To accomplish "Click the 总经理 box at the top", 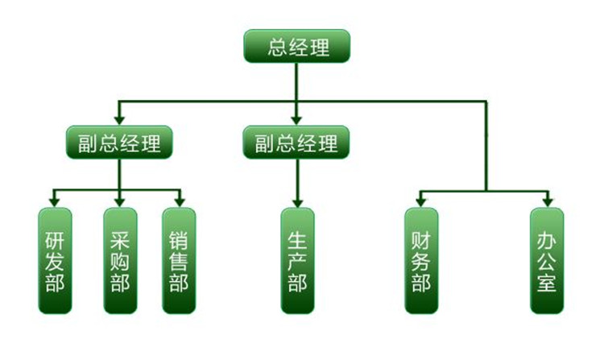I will coord(298,47).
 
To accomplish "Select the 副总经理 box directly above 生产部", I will coord(296,143).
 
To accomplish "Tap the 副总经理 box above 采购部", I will coord(119,143).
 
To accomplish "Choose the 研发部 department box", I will coord(55,260).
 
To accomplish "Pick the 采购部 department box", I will coord(119,260).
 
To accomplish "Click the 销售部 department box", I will coord(179,260).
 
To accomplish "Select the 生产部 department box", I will coord(297,260).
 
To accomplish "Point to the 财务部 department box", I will coord(420,260).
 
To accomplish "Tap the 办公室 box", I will coord(547,260).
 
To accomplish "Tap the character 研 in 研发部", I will coord(55,240).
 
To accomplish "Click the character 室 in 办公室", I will coord(547,281).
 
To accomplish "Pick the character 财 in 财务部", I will coord(420,240).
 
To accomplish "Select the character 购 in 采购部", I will coord(119,261).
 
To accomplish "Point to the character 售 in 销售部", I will coord(179,261).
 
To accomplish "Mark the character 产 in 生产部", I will coord(297,261).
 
